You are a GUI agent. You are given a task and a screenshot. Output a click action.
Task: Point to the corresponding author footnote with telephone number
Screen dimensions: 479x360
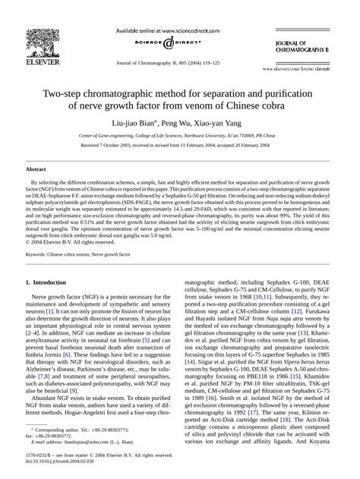click(85, 429)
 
